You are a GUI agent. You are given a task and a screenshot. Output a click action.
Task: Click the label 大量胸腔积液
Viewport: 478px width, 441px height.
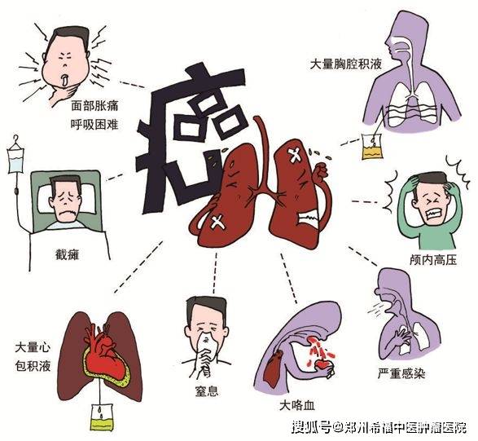point(346,64)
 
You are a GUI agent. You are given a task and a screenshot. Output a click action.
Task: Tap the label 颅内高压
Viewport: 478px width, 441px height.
point(433,260)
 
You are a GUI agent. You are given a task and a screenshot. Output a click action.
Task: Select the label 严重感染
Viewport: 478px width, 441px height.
point(401,373)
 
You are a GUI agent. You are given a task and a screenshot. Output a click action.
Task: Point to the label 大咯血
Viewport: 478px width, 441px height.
point(297,406)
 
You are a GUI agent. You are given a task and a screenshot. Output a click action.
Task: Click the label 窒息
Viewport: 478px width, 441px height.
point(207,391)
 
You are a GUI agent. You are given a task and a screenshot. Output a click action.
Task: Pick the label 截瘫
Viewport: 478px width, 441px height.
point(67,254)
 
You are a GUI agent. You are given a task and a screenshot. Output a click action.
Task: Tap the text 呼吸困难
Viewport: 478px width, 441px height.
point(94,124)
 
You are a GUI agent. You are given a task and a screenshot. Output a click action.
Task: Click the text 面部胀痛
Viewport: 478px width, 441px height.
point(94,106)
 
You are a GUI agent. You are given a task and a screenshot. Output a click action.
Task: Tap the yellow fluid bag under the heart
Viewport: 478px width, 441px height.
point(102,417)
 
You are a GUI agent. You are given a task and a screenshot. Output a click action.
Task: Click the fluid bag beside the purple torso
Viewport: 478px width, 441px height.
point(372,147)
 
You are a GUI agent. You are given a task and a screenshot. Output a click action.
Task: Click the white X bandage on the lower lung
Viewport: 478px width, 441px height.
point(218,222)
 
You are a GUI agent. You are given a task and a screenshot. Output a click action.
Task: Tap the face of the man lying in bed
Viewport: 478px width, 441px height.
point(64,201)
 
